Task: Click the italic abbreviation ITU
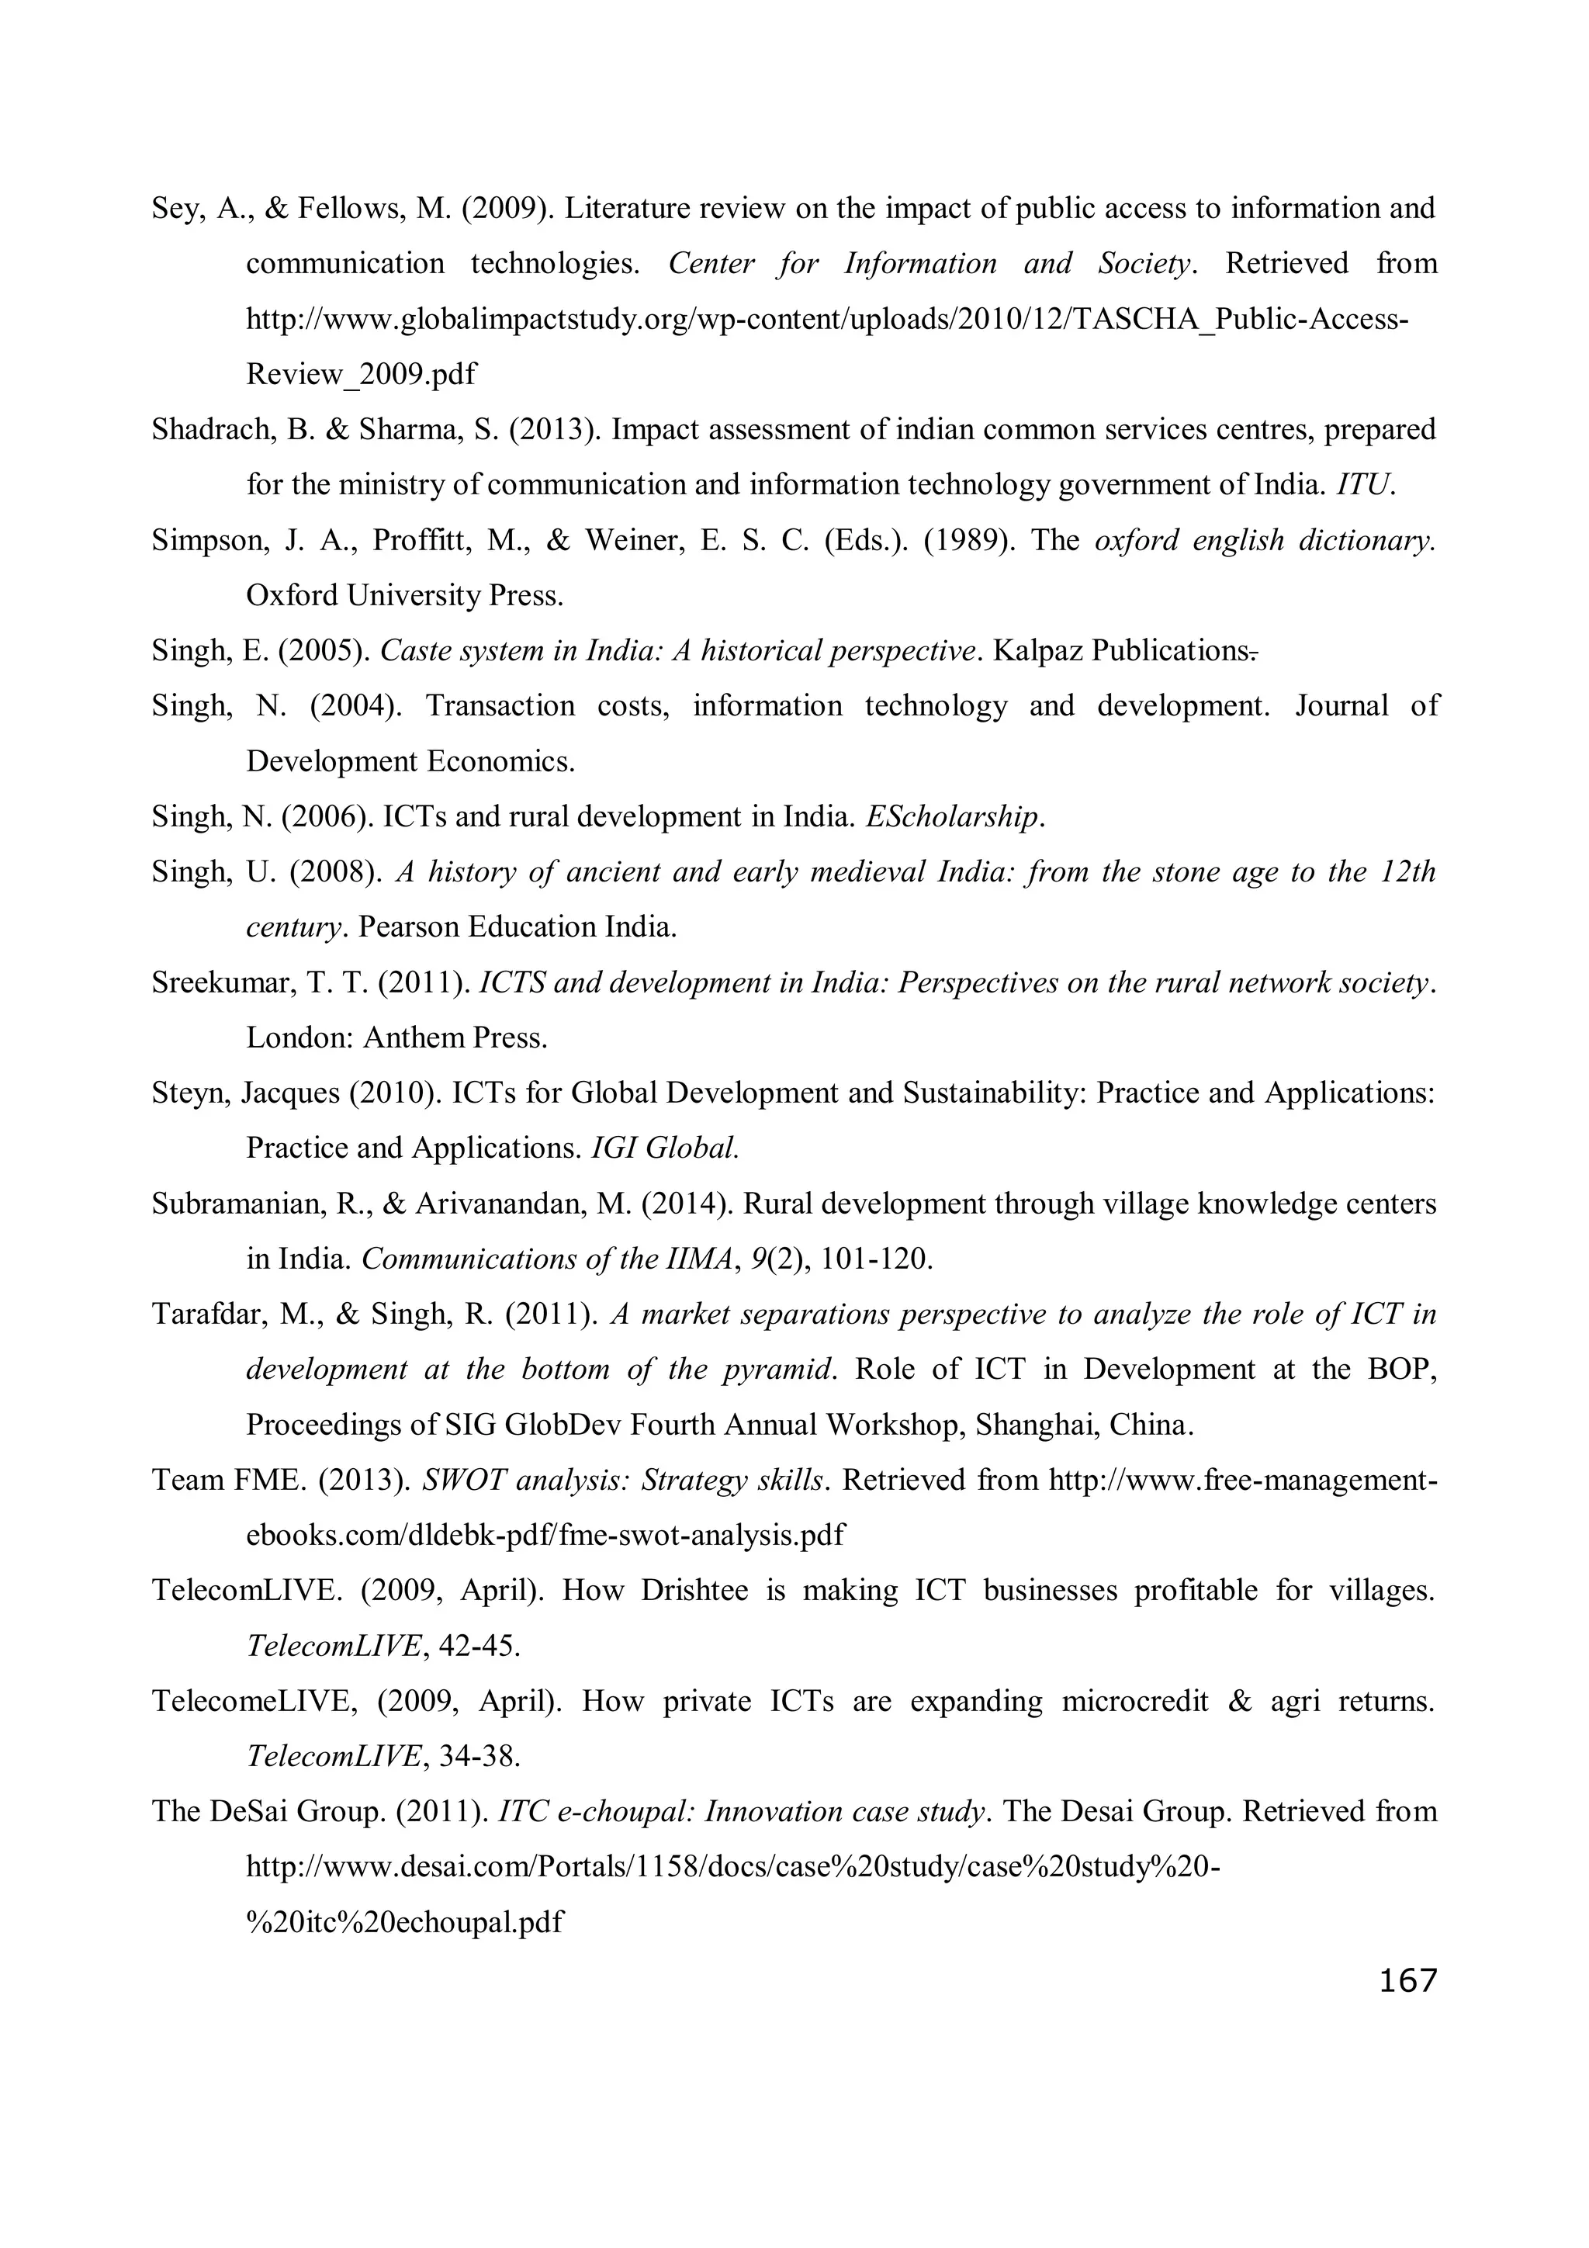(1364, 486)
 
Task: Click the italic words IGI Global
(665, 1148)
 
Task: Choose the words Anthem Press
(455, 1037)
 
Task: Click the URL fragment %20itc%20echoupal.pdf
(404, 1923)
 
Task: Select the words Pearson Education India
(518, 927)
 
